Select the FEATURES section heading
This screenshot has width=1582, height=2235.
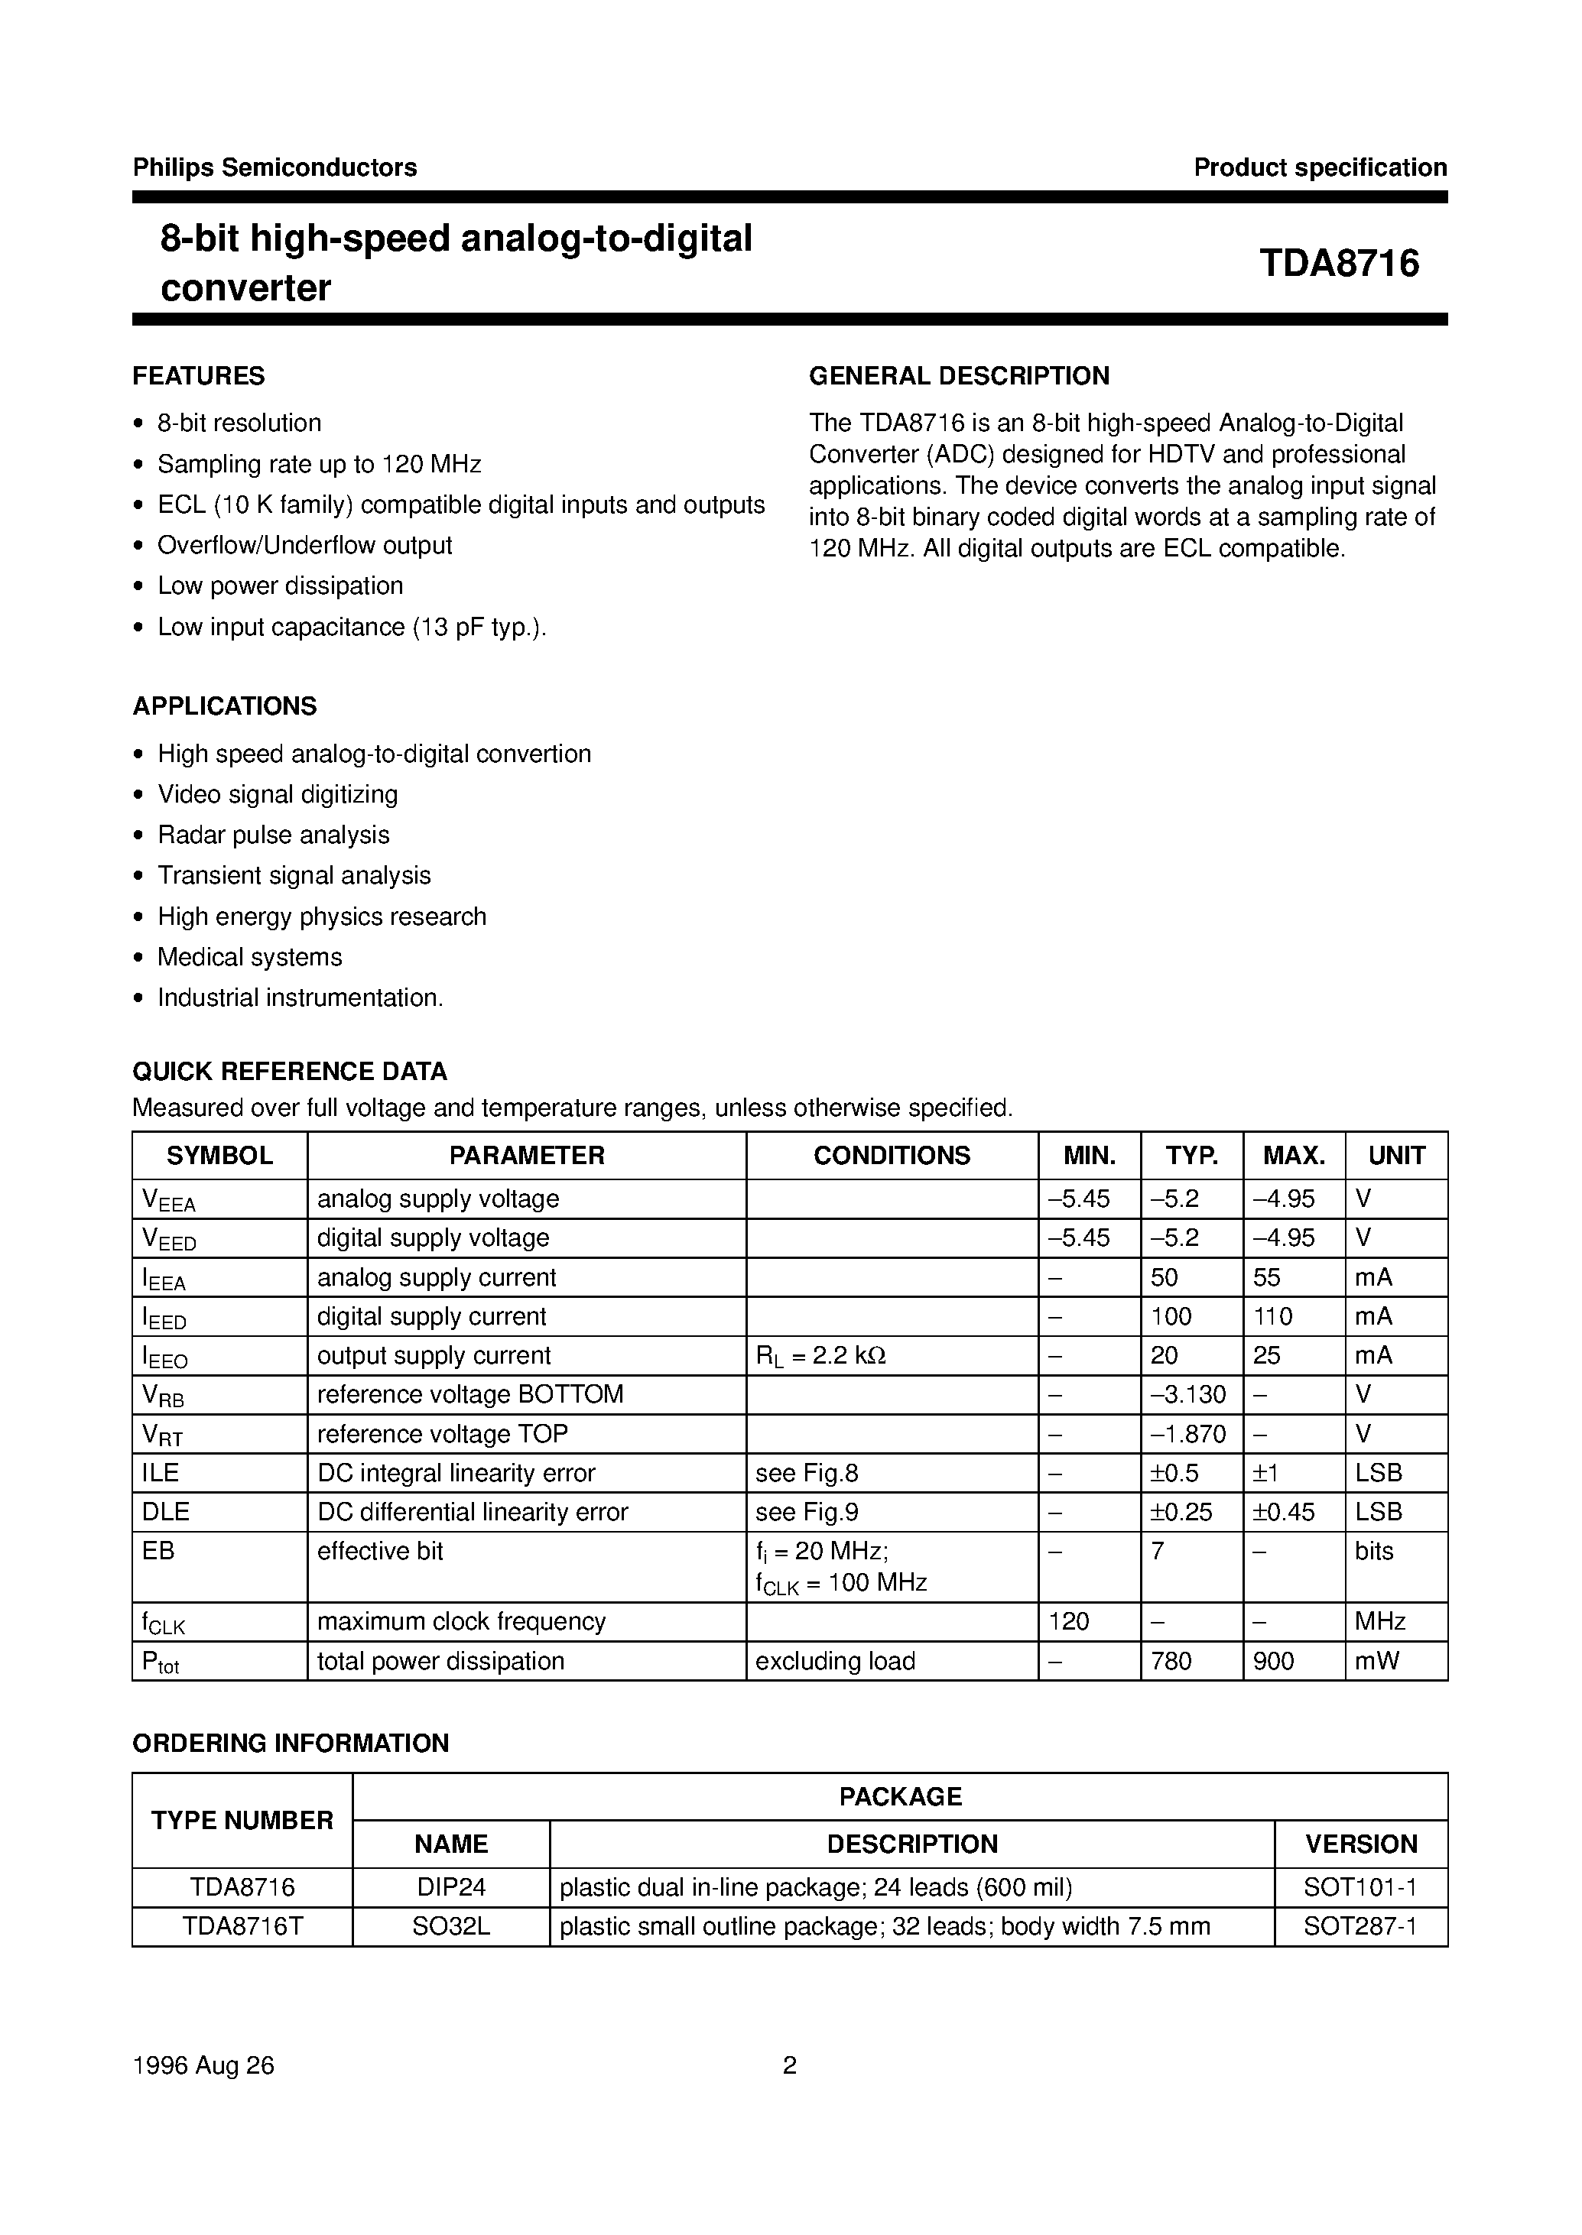pyautogui.click(x=199, y=376)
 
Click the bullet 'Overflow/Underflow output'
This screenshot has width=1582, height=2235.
pyautogui.click(x=304, y=545)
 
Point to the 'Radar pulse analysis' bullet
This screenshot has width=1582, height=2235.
pyautogui.click(x=273, y=835)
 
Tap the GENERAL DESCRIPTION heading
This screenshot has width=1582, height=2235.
pyautogui.click(x=959, y=376)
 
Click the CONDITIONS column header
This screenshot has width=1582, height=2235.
pyautogui.click(x=892, y=1155)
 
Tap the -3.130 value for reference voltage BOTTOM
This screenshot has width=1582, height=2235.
pyautogui.click(x=1187, y=1394)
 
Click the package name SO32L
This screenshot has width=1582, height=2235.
pyautogui.click(x=451, y=1926)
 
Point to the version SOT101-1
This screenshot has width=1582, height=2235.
pyautogui.click(x=1360, y=1887)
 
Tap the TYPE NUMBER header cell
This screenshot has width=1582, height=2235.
pyautogui.click(x=242, y=1820)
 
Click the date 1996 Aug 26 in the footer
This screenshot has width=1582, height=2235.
pyautogui.click(x=203, y=2065)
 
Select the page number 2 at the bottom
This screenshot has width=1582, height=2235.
pyautogui.click(x=790, y=2065)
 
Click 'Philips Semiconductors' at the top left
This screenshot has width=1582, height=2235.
pyautogui.click(x=274, y=167)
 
